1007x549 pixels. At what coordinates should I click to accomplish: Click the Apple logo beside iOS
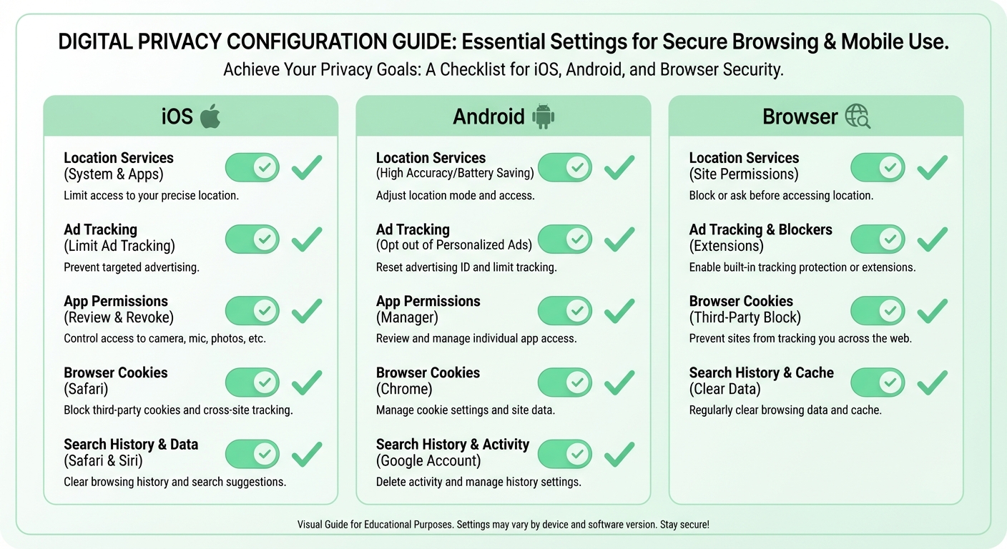(210, 116)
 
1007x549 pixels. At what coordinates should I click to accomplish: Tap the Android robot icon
(544, 116)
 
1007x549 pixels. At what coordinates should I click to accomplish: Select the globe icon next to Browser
(858, 116)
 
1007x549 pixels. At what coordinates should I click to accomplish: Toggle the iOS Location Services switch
(252, 167)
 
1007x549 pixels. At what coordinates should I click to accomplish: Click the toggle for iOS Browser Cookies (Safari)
(252, 382)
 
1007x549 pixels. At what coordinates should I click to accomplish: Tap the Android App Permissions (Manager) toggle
(564, 311)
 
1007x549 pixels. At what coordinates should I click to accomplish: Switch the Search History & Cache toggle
(877, 382)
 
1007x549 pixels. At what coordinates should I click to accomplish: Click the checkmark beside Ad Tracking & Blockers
(932, 239)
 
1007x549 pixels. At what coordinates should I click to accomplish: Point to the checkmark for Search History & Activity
(619, 454)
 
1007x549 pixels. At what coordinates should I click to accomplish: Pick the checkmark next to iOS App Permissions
(307, 311)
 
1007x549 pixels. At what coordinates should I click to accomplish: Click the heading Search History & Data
(131, 444)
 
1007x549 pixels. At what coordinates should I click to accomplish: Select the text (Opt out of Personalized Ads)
(454, 245)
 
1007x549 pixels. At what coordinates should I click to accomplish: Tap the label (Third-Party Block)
(745, 317)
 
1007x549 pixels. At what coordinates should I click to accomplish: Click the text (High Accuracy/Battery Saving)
(455, 174)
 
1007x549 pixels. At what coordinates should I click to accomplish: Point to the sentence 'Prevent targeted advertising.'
(132, 267)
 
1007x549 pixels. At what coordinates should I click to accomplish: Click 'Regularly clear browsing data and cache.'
(785, 410)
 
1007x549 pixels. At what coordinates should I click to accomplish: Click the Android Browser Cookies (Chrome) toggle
(564, 382)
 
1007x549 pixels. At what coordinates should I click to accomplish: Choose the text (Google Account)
(428, 460)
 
